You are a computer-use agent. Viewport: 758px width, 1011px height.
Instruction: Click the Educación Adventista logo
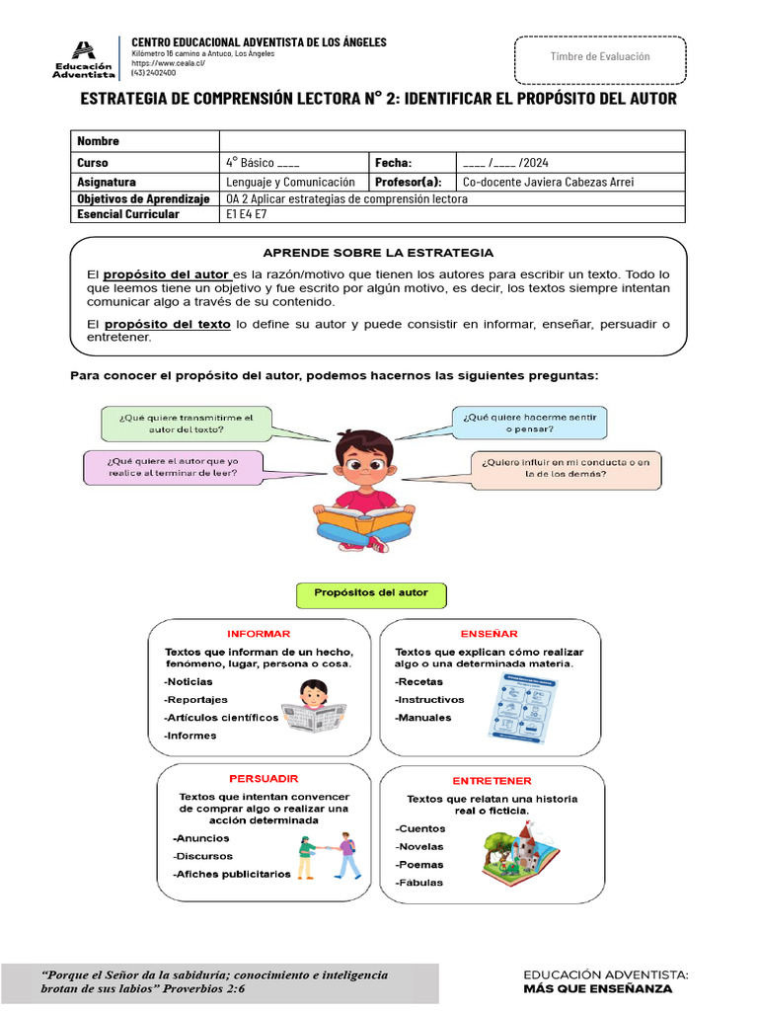point(84,58)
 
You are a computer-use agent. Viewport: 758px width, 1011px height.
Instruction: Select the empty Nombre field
point(451,141)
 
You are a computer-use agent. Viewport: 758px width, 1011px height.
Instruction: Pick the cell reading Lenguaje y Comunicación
point(293,183)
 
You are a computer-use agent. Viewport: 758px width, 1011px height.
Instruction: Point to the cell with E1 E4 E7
point(247,214)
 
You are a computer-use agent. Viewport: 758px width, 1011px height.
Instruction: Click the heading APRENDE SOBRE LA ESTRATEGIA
point(378,253)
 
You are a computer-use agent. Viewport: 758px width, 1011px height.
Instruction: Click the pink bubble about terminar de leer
point(173,467)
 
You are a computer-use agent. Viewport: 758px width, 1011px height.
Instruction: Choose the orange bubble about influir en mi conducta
point(566,468)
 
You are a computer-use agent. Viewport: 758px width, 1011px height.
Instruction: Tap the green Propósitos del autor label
point(371,593)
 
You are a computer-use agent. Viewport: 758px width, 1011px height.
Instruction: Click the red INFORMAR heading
point(259,634)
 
